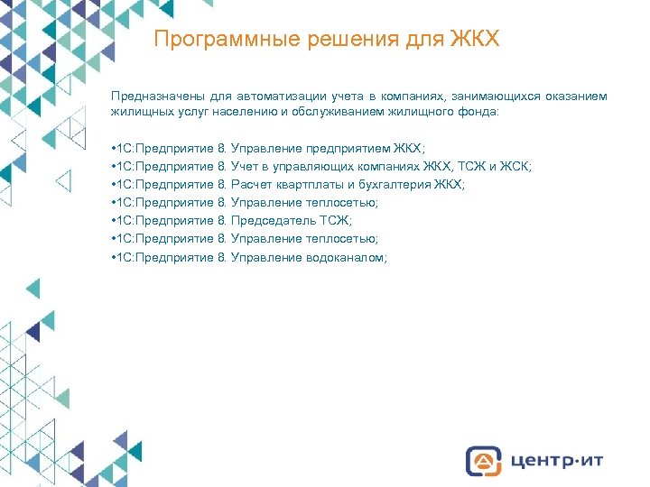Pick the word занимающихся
coord(490,96)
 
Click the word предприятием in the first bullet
coord(342,148)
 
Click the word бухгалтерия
coord(397,184)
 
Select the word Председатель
coord(274,220)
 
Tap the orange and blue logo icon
coord(484,460)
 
